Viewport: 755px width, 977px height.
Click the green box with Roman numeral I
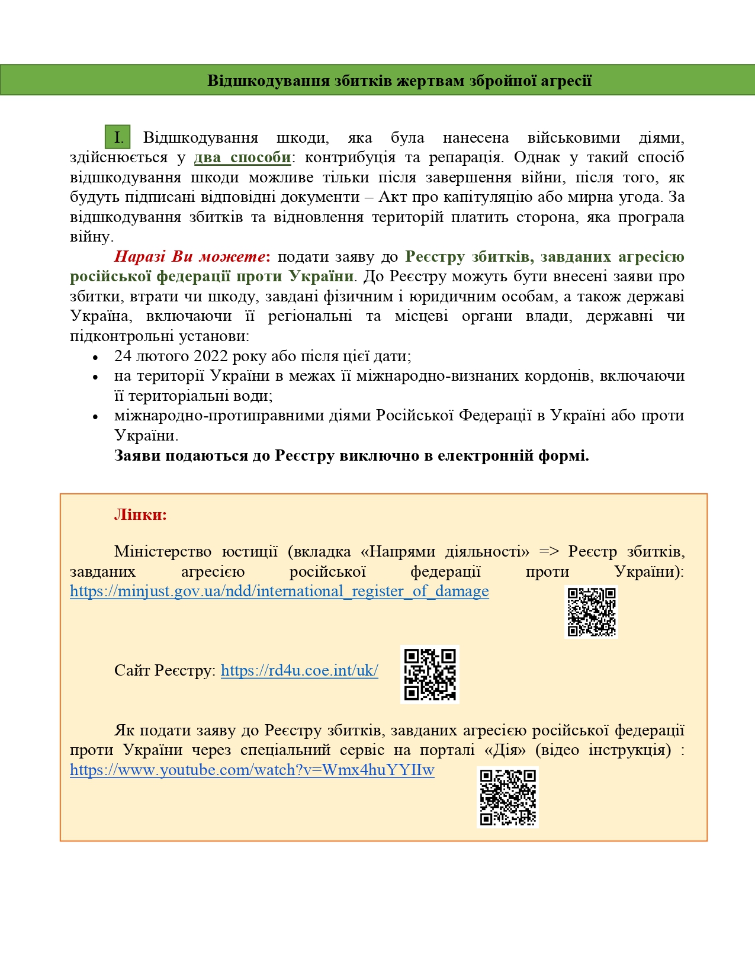click(118, 137)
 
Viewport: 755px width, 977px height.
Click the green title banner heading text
click(399, 81)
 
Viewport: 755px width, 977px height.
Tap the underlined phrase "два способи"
click(243, 158)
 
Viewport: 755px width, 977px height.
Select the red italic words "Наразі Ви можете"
click(189, 256)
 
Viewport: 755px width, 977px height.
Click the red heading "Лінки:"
click(140, 515)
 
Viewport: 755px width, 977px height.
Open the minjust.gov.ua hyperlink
click(279, 591)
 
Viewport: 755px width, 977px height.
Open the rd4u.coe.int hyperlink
click(299, 670)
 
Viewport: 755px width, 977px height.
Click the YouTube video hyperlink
click(252, 770)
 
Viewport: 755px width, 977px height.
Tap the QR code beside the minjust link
click(592, 612)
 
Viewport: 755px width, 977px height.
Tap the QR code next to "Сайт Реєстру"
click(430, 674)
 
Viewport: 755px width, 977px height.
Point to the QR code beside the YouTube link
click(507, 797)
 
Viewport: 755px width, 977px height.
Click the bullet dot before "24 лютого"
click(95, 358)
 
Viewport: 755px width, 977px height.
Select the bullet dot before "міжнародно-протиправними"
click(95, 417)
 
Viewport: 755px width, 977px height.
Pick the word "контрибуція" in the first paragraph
click(350, 158)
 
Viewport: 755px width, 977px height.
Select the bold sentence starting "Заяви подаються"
click(351, 455)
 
